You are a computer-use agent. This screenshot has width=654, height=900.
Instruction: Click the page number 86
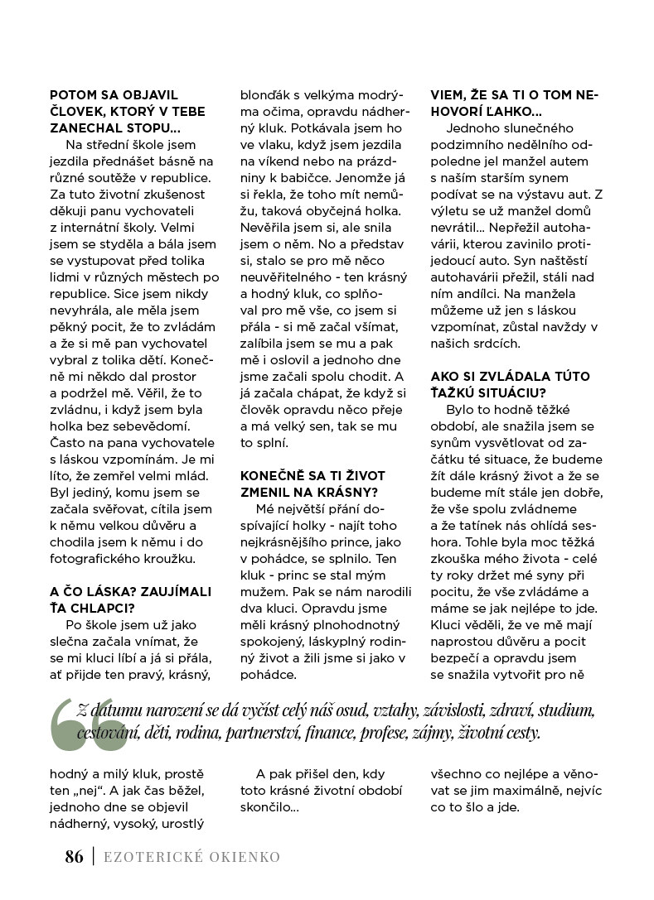click(x=74, y=857)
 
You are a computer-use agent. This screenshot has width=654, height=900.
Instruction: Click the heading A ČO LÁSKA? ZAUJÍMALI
click(x=131, y=591)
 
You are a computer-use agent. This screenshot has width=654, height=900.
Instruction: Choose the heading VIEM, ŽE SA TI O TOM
click(x=514, y=95)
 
